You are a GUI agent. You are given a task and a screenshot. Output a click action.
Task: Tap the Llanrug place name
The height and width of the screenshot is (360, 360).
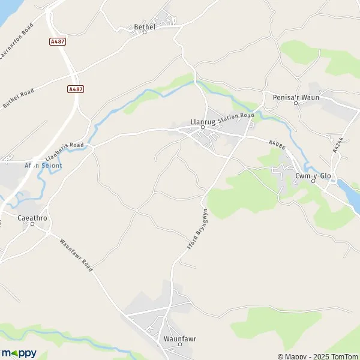pos(202,120)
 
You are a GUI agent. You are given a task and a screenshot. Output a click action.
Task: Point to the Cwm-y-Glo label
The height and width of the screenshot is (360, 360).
pos(313,175)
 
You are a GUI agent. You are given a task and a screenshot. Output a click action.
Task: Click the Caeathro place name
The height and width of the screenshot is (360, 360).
pos(32,218)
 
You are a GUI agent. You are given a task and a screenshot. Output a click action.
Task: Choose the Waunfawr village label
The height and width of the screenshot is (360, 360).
pos(180,338)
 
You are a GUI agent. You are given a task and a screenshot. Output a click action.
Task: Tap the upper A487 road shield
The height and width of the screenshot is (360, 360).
pos(58,41)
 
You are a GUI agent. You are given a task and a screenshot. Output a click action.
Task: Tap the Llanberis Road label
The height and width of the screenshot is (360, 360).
pos(65,152)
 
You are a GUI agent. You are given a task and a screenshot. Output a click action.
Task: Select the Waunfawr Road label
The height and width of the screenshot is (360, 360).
pos(76,256)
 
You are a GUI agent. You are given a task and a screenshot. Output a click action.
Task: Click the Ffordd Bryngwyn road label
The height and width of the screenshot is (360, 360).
pos(196,229)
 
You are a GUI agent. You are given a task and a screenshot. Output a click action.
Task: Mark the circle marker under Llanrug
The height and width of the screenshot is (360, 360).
pos(203,127)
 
